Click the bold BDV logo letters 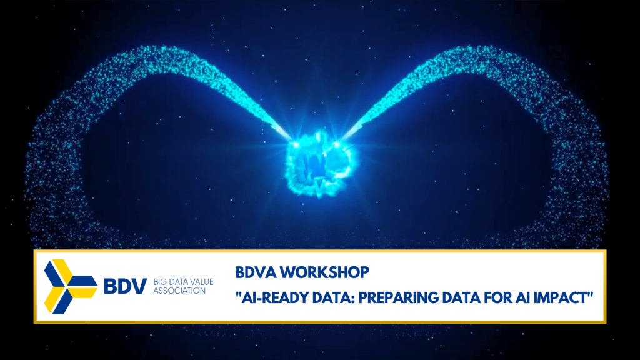click(x=125, y=286)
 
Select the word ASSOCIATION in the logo click(x=179, y=291)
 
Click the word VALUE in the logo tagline click(x=201, y=282)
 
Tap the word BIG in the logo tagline click(x=160, y=282)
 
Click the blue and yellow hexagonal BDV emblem click(x=71, y=286)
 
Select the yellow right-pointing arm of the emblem click(x=84, y=292)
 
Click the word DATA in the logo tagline click(x=177, y=282)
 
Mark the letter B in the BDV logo click(x=110, y=286)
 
